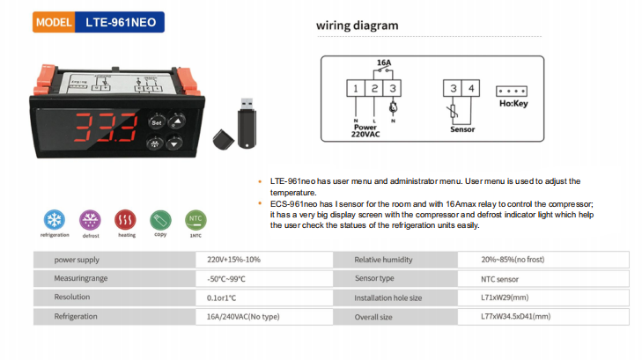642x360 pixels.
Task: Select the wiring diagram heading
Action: point(357,26)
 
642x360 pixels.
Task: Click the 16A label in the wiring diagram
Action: point(383,63)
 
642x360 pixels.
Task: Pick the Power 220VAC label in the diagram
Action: point(364,132)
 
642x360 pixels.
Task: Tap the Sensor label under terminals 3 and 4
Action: point(462,127)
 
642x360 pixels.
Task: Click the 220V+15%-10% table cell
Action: point(233,260)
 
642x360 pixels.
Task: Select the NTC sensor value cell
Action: point(503,279)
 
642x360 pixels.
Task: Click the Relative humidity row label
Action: point(384,260)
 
